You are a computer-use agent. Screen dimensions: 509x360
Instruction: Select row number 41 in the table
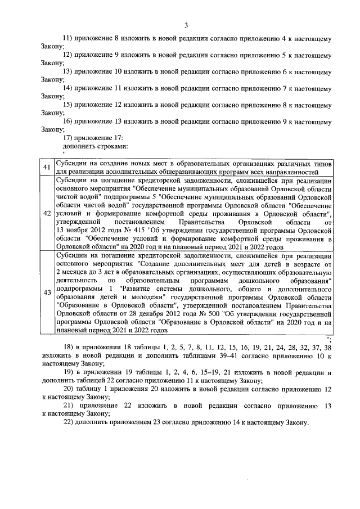(47, 168)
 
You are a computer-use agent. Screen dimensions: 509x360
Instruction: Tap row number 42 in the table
(47, 214)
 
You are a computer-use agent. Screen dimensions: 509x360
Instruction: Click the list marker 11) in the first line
(68, 39)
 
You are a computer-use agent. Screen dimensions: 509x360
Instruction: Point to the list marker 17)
(69, 137)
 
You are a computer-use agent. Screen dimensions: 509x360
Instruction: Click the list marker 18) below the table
(69, 348)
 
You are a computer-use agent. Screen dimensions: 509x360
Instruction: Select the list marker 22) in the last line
(69, 422)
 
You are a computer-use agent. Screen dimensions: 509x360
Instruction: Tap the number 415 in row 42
(133, 229)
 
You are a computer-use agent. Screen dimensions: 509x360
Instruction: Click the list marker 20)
(69, 389)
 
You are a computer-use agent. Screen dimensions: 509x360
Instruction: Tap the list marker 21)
(69, 406)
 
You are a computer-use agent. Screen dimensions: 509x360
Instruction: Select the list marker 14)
(68, 88)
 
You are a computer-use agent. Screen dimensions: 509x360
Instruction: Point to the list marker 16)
(68, 121)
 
